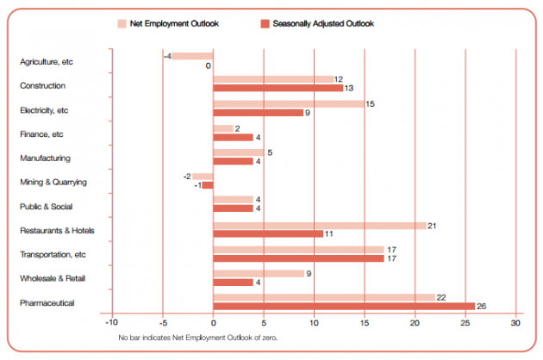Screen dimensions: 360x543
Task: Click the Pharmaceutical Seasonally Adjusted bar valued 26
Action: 343,306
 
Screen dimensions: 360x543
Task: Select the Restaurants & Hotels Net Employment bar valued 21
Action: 319,226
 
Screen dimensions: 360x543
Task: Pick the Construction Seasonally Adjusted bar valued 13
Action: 278,88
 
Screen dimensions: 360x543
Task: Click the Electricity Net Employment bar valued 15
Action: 288,104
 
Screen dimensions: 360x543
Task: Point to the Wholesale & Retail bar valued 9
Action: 258,273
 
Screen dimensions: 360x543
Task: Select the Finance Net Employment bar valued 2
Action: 222,128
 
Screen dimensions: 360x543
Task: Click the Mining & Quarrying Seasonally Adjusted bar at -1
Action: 208,184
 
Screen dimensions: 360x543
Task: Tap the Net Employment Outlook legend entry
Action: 172,22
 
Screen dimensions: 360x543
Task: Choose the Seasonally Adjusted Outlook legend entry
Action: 318,22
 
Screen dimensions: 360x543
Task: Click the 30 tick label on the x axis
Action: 515,323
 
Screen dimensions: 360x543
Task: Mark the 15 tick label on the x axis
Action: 365,323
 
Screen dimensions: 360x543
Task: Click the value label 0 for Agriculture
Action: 209,65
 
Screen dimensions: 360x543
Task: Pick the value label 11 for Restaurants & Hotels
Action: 329,234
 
